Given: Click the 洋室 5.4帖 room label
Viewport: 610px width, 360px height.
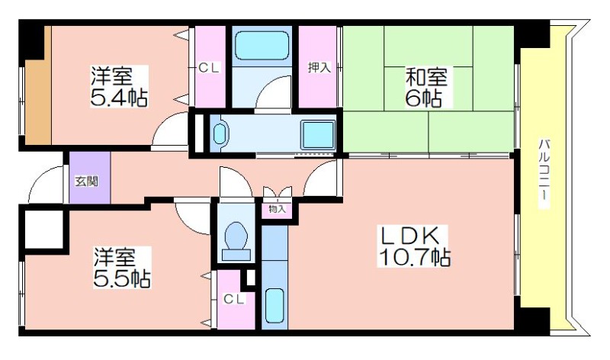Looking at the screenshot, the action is coord(119,86).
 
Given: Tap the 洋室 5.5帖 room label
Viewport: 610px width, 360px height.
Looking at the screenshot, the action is coord(122,267).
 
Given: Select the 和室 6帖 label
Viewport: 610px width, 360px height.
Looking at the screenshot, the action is coord(426,87).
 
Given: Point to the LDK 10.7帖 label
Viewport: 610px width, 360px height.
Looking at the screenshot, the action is coord(414,246).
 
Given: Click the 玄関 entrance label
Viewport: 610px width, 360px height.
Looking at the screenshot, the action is coord(86,181).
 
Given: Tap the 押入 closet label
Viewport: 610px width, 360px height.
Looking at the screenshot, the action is coord(319,67).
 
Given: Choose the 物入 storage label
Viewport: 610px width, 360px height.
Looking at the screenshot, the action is coord(278,209).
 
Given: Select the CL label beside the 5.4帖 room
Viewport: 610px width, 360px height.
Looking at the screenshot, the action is coord(209,68).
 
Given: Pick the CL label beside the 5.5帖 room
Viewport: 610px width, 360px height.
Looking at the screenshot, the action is coord(234,299).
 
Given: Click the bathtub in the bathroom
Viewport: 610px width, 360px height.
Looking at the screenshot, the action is coord(262,46).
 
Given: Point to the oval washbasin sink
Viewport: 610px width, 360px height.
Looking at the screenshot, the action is coord(220,133).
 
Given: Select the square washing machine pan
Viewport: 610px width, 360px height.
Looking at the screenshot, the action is coord(318,135).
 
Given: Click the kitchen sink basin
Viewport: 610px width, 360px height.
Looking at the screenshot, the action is coord(274,306).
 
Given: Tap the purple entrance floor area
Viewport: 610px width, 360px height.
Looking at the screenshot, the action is coord(90,178).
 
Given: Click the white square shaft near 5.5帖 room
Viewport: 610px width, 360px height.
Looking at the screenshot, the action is coord(44,230).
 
